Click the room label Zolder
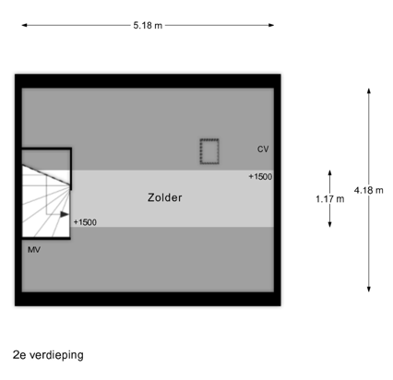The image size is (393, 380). pos(165,197)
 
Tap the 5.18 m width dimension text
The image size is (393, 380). pos(148,25)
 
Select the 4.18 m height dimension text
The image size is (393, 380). pos(368,190)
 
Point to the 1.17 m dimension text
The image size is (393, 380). pos(330,199)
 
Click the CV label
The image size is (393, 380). pos(263,149)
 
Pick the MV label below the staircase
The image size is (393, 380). pos(34,250)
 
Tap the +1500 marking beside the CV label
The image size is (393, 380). pos(260,176)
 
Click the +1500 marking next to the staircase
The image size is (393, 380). pos(85,222)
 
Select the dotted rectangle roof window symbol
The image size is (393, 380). pos(209,151)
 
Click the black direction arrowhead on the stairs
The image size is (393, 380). pos(65,214)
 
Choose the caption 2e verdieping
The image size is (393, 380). pos(48,355)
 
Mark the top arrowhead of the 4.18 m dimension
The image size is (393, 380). pos(369,89)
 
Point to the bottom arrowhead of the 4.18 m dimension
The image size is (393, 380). pos(369,291)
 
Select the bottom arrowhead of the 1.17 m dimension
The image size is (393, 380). pos(330,226)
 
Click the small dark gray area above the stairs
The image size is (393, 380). pos(46,160)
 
